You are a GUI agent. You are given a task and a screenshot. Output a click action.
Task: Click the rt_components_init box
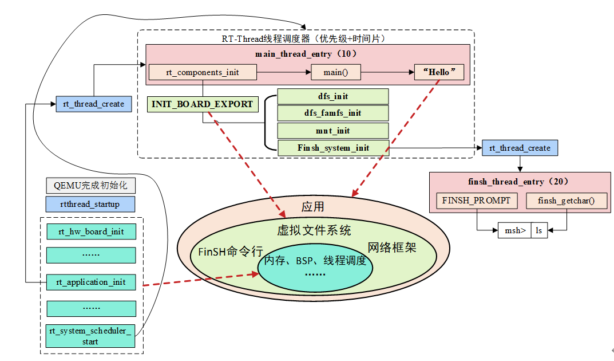(x=202, y=73)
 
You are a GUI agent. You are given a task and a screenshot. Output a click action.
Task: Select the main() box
(x=336, y=73)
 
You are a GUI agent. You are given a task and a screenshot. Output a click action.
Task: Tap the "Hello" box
(x=439, y=73)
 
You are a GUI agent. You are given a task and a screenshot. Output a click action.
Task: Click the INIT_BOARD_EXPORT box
(x=202, y=104)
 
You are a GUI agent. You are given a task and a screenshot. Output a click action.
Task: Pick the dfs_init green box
(x=332, y=96)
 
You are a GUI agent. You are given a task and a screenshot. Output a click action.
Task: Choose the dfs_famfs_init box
(x=332, y=113)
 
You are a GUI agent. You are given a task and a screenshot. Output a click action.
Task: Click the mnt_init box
(x=332, y=131)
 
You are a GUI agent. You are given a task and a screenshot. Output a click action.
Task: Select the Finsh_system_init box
(x=332, y=148)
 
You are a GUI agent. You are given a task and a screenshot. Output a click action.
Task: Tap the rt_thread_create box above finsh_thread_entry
(x=520, y=148)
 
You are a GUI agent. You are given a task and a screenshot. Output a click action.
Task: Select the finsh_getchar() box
(x=565, y=201)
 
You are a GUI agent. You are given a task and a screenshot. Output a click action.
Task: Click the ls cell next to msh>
(x=539, y=230)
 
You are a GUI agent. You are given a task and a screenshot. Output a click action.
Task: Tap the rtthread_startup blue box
(x=90, y=205)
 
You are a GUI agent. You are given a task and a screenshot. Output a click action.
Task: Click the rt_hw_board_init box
(x=90, y=231)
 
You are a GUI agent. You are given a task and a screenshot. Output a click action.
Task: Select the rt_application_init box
(x=90, y=282)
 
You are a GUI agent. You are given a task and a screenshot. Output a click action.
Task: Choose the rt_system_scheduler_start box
(x=90, y=336)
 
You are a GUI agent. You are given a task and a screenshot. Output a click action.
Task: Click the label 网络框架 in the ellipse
(x=391, y=248)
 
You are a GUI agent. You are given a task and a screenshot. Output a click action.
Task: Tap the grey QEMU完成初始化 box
(x=90, y=186)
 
